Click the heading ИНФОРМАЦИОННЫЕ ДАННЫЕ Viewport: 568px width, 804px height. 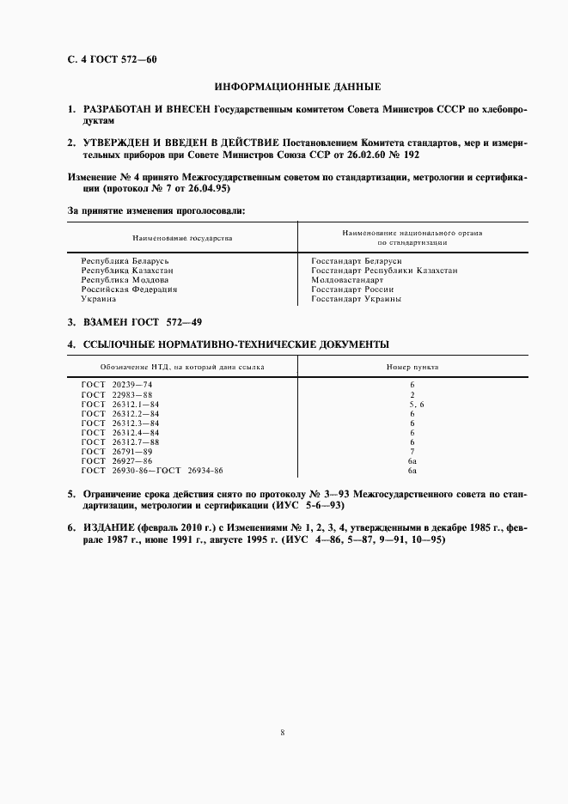click(x=296, y=88)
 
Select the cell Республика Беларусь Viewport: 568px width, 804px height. click(x=125, y=260)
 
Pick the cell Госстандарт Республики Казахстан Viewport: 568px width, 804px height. click(x=384, y=270)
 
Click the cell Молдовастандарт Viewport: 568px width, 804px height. click(x=347, y=280)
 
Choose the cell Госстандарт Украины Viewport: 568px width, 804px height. click(x=356, y=299)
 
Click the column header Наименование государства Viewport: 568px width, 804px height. click(x=182, y=237)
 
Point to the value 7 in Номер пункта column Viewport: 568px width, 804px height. click(x=412, y=451)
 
